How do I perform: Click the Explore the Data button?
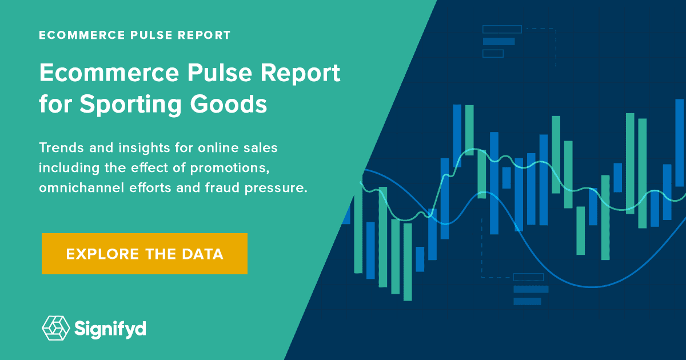(x=144, y=254)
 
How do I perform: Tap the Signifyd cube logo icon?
(x=55, y=328)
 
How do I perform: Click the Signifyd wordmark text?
(x=110, y=329)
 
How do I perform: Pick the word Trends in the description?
(x=60, y=148)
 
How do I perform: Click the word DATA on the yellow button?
(x=204, y=254)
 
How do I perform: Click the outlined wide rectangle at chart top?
(x=502, y=29)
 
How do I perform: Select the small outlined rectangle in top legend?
(x=493, y=54)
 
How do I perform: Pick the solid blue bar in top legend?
(x=498, y=41)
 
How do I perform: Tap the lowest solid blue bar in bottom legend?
(x=527, y=301)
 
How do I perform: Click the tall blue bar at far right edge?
(x=679, y=143)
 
